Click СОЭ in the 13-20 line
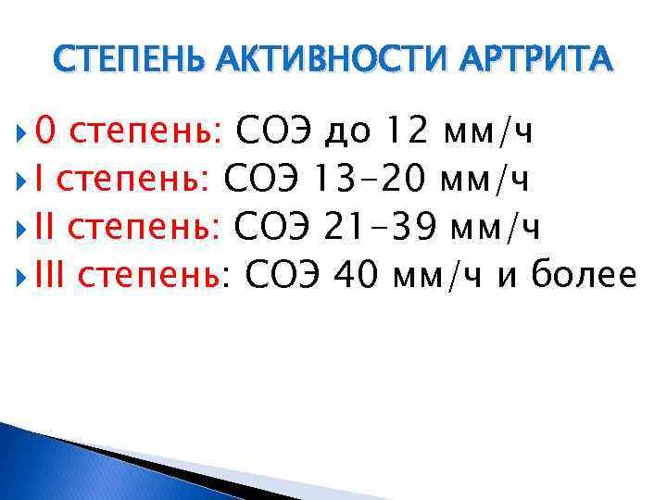pos(263,177)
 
